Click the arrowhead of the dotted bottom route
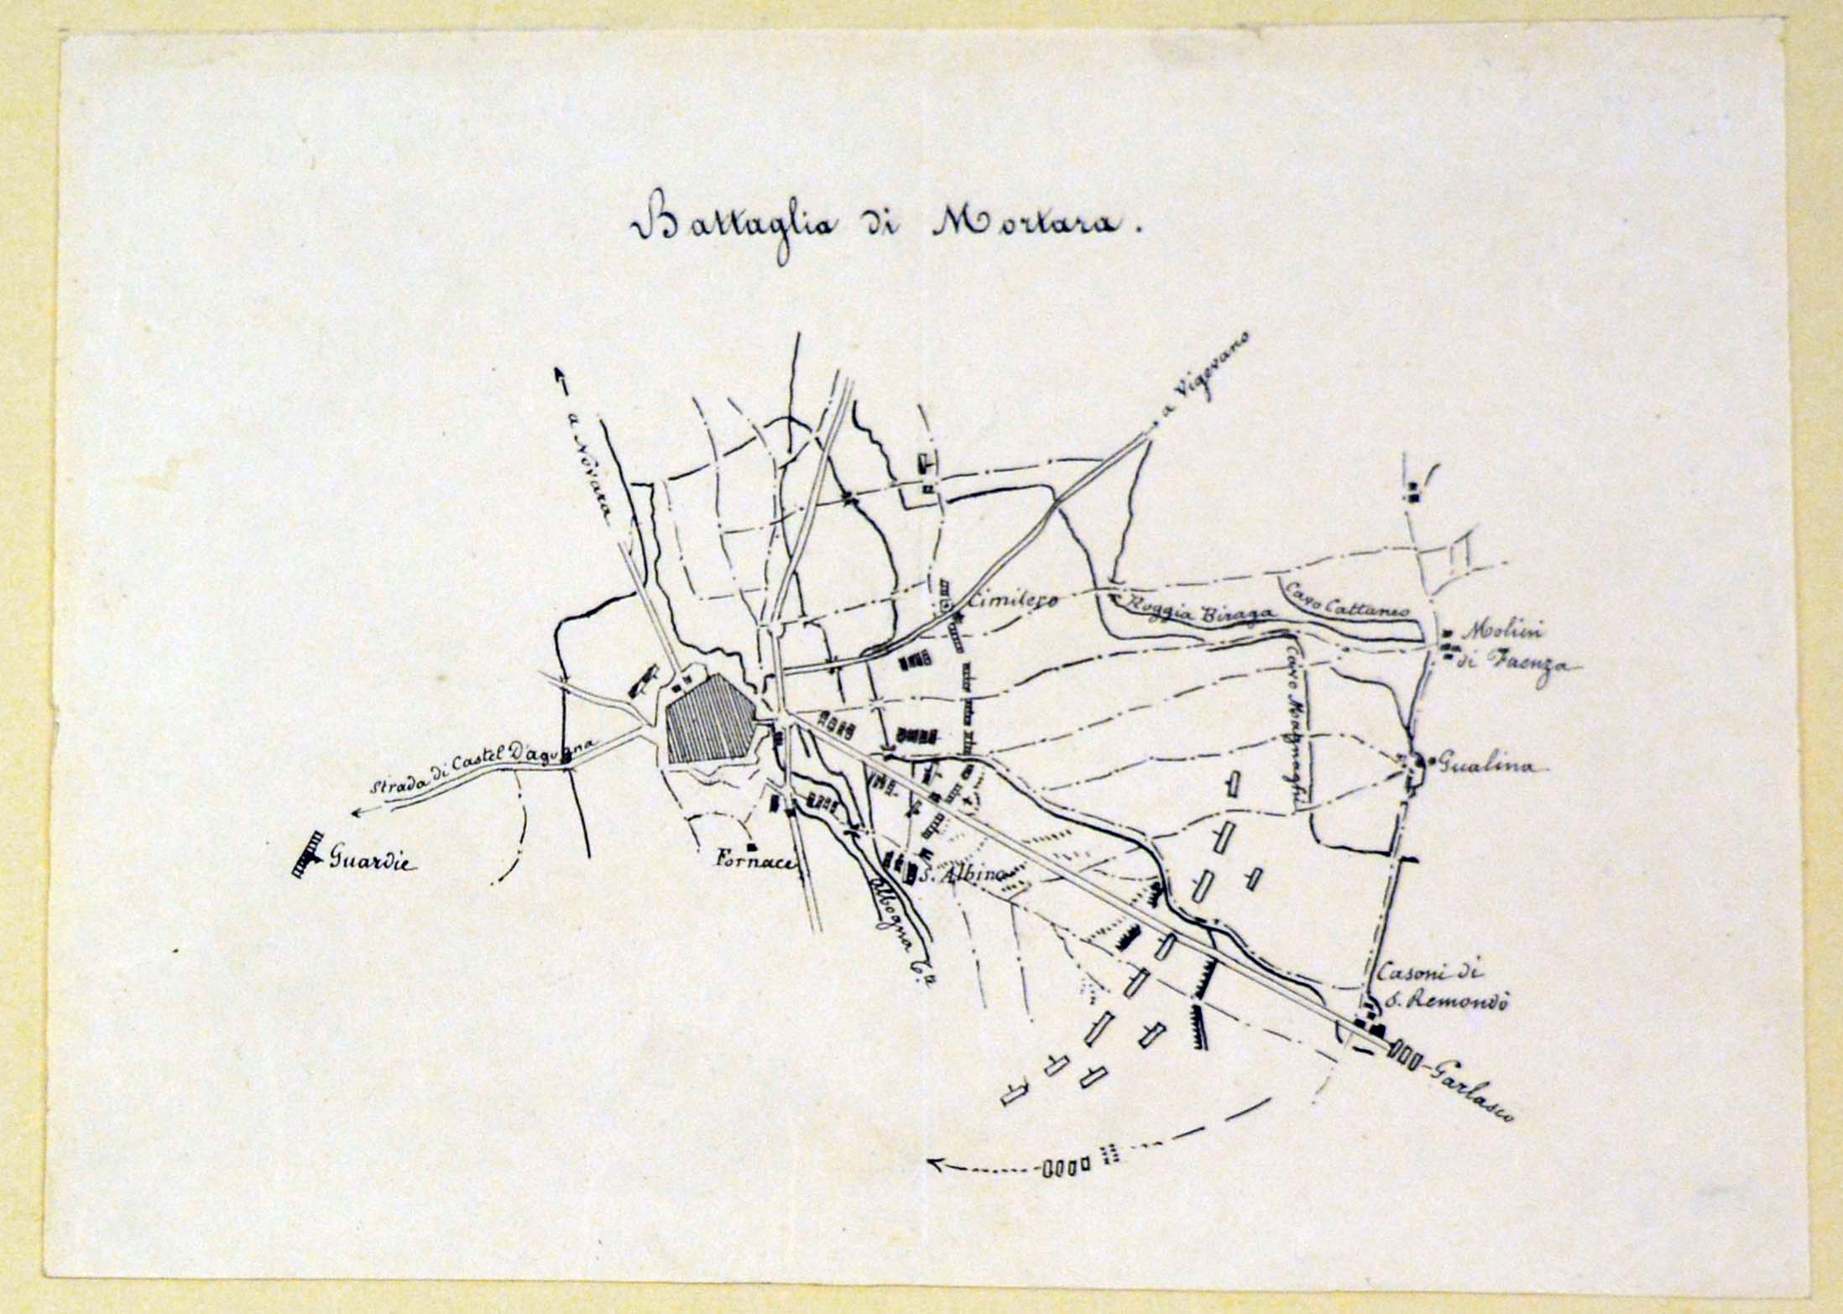[x=938, y=1163]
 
